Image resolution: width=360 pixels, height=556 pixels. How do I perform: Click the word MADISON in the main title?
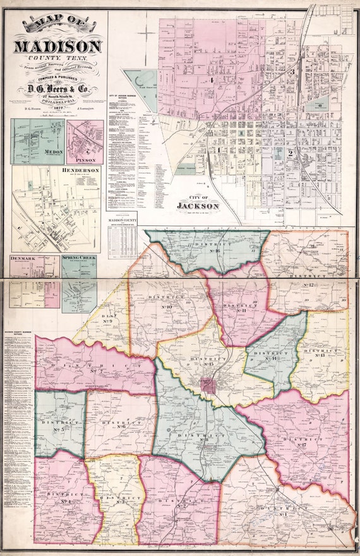[x=57, y=47]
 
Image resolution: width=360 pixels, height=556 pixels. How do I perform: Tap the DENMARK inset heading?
[x=26, y=259]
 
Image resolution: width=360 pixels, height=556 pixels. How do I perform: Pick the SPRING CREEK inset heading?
[x=79, y=259]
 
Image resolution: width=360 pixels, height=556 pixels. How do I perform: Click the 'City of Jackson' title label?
[x=198, y=203]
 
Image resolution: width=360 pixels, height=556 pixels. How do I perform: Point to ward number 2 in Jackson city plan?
[x=290, y=153]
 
